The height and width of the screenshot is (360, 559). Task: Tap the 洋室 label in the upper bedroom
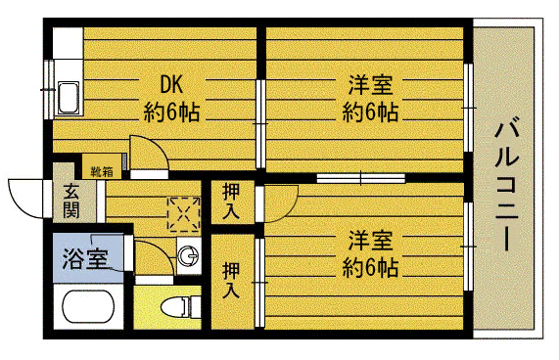368,84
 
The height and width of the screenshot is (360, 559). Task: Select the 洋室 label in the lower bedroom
369,240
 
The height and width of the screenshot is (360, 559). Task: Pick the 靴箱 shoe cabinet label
102,171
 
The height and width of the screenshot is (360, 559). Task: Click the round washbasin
187,257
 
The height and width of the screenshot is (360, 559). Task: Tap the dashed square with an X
182,212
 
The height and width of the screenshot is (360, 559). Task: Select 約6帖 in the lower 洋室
370,266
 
